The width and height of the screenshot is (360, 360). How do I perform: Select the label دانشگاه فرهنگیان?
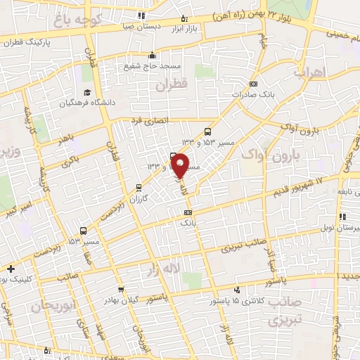click(x=87, y=103)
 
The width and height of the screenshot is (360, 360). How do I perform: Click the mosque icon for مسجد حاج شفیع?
click(x=153, y=56)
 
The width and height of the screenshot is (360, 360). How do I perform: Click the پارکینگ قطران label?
click(x=29, y=41)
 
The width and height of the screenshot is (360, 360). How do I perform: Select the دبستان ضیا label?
click(x=141, y=25)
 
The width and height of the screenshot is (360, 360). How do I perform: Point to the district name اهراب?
click(x=310, y=72)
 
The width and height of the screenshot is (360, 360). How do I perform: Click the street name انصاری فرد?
click(x=149, y=121)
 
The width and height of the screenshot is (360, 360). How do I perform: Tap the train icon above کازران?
click(x=139, y=187)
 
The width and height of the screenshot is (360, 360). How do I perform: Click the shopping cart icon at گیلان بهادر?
click(x=122, y=288)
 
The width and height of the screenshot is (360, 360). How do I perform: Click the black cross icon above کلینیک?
click(x=11, y=268)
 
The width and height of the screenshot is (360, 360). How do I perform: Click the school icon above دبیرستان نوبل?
click(x=342, y=217)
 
